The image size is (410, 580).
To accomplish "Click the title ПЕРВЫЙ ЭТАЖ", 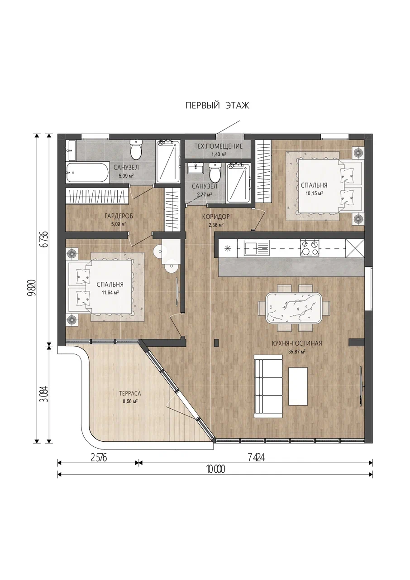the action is coord(217,106).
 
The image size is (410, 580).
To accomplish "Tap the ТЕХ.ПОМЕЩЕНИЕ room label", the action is coord(219,146).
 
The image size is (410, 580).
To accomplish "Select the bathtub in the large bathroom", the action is coord(86,172).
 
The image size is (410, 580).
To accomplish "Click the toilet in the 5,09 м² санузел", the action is coord(136,150).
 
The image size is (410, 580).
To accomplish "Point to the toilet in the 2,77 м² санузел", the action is coord(215,172).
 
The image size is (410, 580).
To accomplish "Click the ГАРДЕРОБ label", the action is coord(119,216).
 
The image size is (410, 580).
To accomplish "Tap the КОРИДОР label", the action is coord(216,216).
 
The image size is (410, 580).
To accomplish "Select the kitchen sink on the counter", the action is coord(257,248).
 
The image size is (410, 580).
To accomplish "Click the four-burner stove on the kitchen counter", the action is coord(310,248).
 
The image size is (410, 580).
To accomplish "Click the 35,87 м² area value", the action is coord(297,352).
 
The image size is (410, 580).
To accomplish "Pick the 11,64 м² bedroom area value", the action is coord(110,292).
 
